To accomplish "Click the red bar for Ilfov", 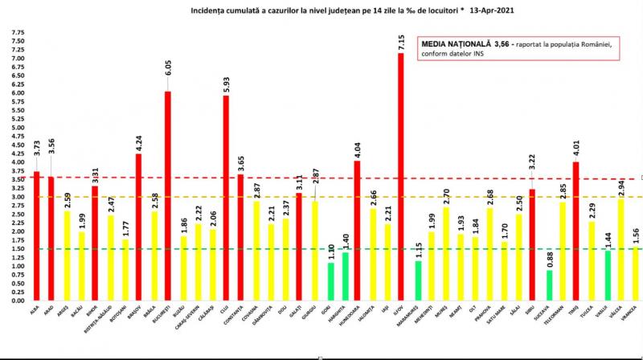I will pyautogui.click(x=400, y=177).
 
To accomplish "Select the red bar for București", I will pyautogui.click(x=167, y=196).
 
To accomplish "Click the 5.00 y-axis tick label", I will pyautogui.click(x=17, y=128).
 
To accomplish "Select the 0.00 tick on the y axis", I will pyautogui.click(x=17, y=301).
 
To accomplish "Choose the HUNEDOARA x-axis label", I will pyautogui.click(x=356, y=318).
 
